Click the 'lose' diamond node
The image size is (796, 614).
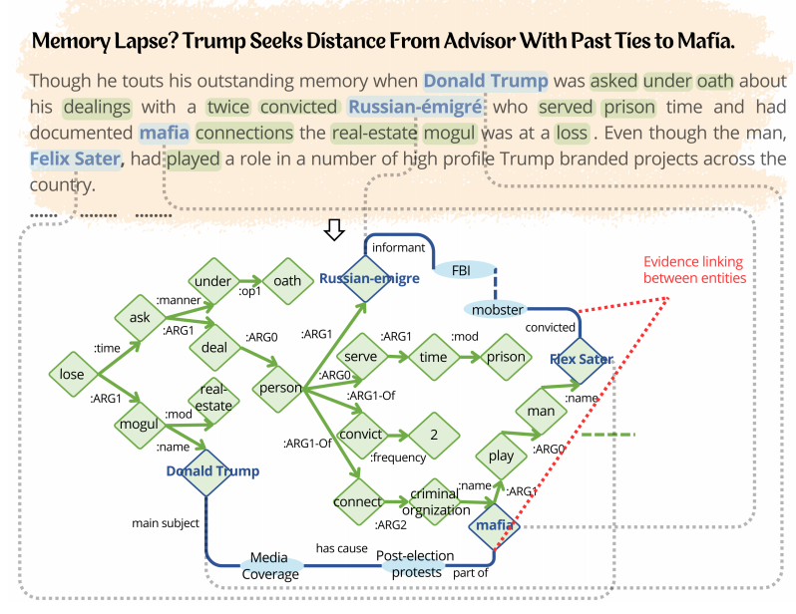pyautogui.click(x=73, y=375)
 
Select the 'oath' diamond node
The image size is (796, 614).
pyautogui.click(x=287, y=281)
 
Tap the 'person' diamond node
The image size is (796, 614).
pyautogui.click(x=280, y=388)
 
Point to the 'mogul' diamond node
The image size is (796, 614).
pyautogui.click(x=140, y=424)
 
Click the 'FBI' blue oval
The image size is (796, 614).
pyautogui.click(x=462, y=269)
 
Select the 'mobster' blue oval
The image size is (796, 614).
pyautogui.click(x=497, y=309)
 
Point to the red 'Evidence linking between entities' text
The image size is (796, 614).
pyautogui.click(x=694, y=270)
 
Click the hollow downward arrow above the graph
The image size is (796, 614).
pyautogui.click(x=335, y=230)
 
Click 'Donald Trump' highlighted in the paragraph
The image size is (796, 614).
pyautogui.click(x=485, y=82)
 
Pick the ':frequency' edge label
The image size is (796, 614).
pyautogui.click(x=398, y=458)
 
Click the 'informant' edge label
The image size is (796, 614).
pyautogui.click(x=398, y=247)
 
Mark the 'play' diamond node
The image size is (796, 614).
pyautogui.click(x=502, y=457)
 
